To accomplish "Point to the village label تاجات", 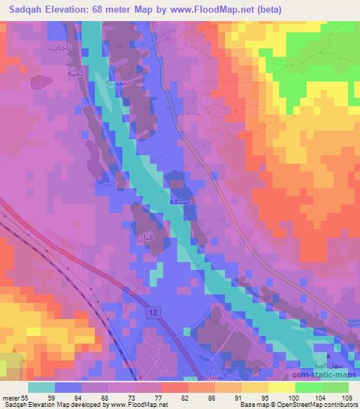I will click(x=58, y=48).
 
